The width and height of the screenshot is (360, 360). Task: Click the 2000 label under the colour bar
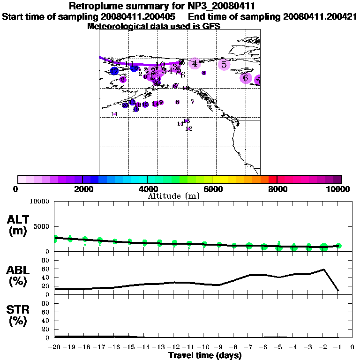coord(82,189)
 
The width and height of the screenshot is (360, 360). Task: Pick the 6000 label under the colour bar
coord(212,189)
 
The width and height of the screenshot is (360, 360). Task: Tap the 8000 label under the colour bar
coord(277,189)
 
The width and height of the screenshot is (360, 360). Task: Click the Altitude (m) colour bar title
coord(174,196)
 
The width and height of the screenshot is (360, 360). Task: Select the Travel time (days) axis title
coord(205,356)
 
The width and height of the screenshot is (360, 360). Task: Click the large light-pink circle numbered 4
coord(195,64)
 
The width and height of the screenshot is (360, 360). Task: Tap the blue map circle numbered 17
coord(114,71)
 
